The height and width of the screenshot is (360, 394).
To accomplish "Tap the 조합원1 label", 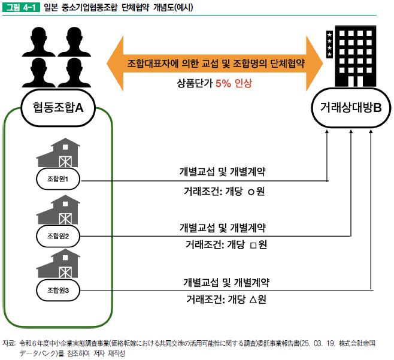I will [x=58, y=179].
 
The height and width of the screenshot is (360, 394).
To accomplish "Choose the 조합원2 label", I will [x=58, y=235].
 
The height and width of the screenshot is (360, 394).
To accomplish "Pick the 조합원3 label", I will [x=58, y=291].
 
